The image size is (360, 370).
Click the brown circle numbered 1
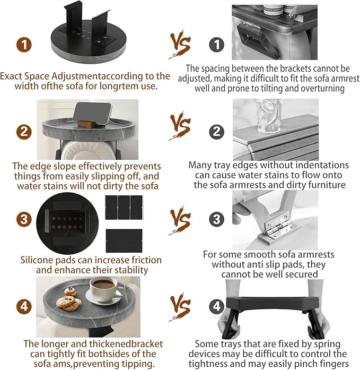[24, 45]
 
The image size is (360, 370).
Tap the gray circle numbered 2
[216, 131]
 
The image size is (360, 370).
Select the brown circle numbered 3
[24, 219]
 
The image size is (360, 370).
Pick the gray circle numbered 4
[216, 306]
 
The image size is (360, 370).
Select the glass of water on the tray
[269, 116]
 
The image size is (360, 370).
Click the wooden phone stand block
[87, 122]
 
